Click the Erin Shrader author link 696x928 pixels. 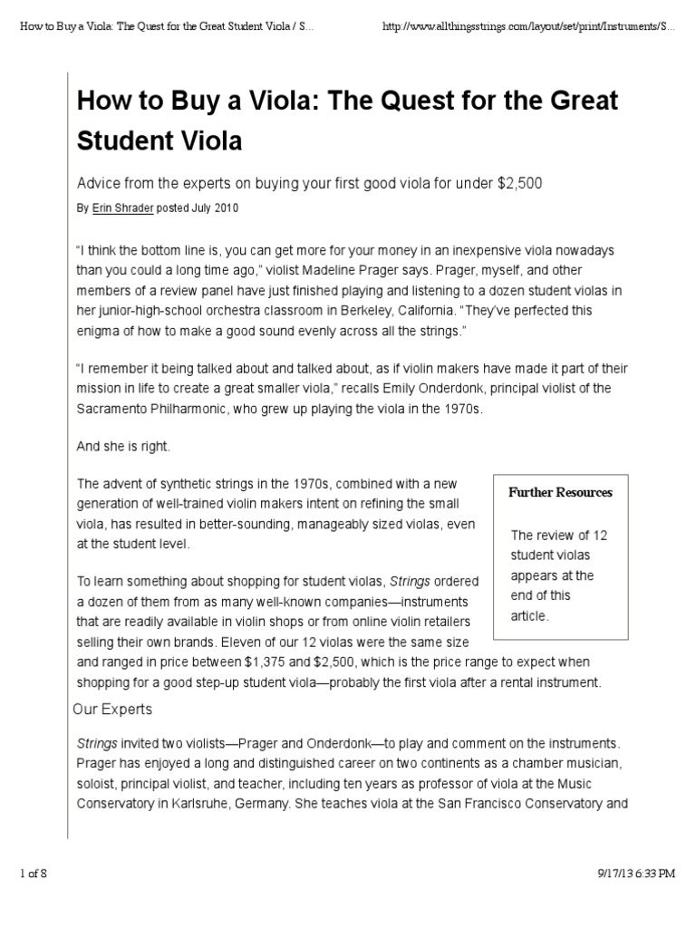pos(122,208)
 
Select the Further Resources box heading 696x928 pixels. pos(560,492)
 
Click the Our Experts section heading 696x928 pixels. pos(112,709)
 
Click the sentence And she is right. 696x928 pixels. pos(123,447)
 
